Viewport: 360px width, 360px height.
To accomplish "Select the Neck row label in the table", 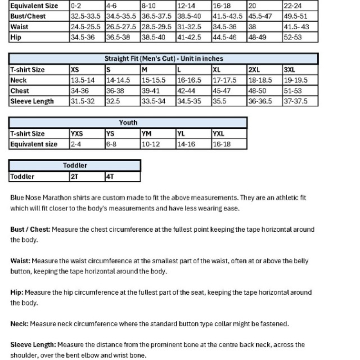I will pos(18,80).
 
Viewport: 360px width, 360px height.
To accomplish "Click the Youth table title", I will pos(128,122).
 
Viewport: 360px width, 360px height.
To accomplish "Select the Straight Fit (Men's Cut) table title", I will pos(164,59).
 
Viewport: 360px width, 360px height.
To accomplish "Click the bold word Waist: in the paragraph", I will pos(21,261).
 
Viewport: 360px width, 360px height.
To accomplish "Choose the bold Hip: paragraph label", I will pos(17,292).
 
